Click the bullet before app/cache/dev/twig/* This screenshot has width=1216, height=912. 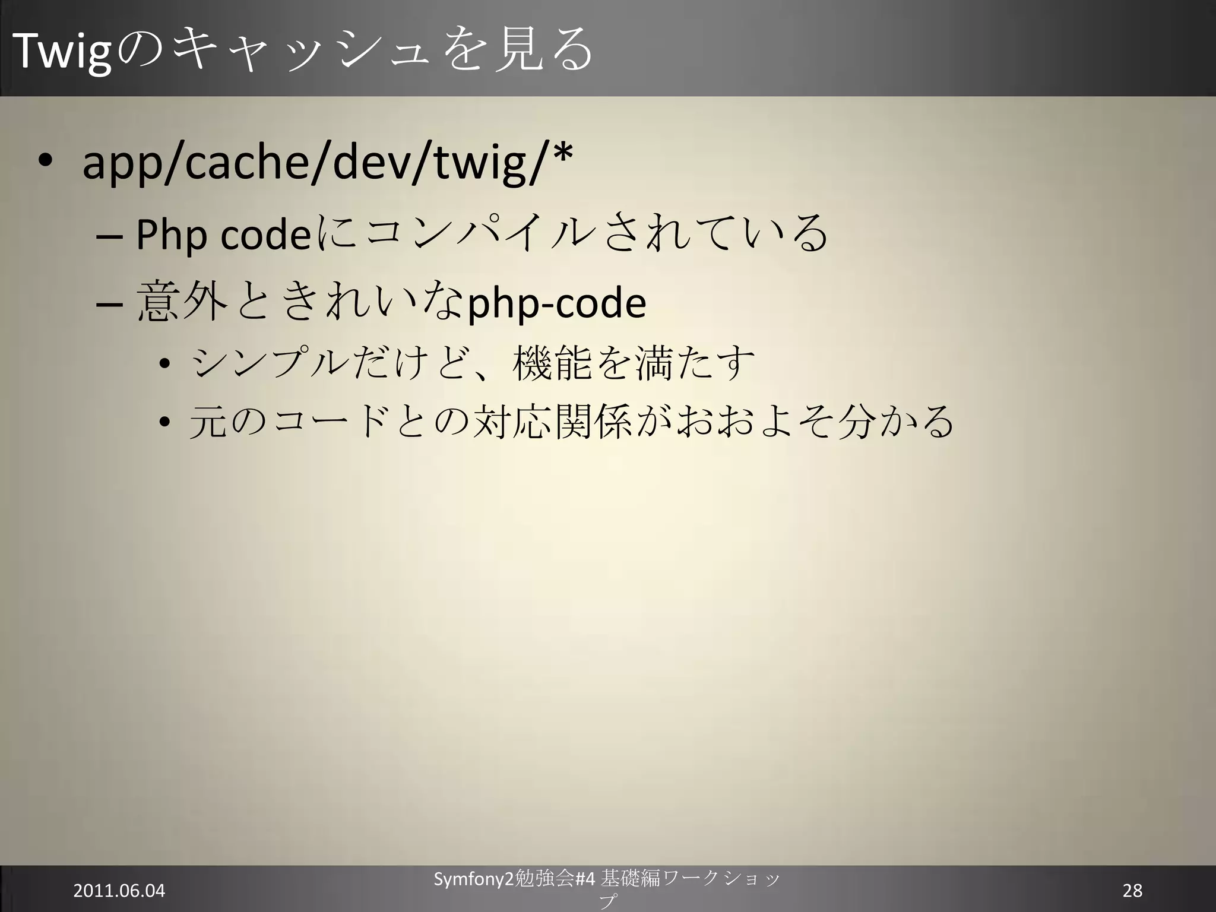(x=45, y=163)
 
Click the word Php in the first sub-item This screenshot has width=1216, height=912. (x=172, y=236)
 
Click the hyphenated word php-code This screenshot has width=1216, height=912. (x=556, y=304)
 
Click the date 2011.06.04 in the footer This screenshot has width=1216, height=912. (x=119, y=891)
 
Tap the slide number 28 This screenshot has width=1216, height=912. (x=1132, y=891)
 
